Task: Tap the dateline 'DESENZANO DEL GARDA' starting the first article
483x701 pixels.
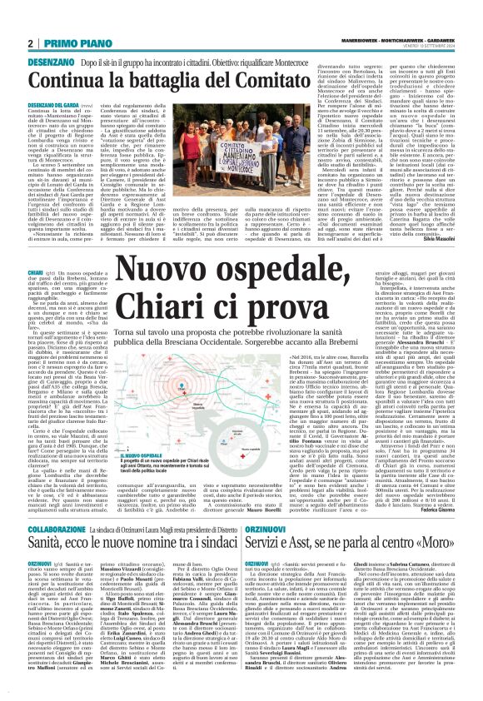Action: [32, 75]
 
